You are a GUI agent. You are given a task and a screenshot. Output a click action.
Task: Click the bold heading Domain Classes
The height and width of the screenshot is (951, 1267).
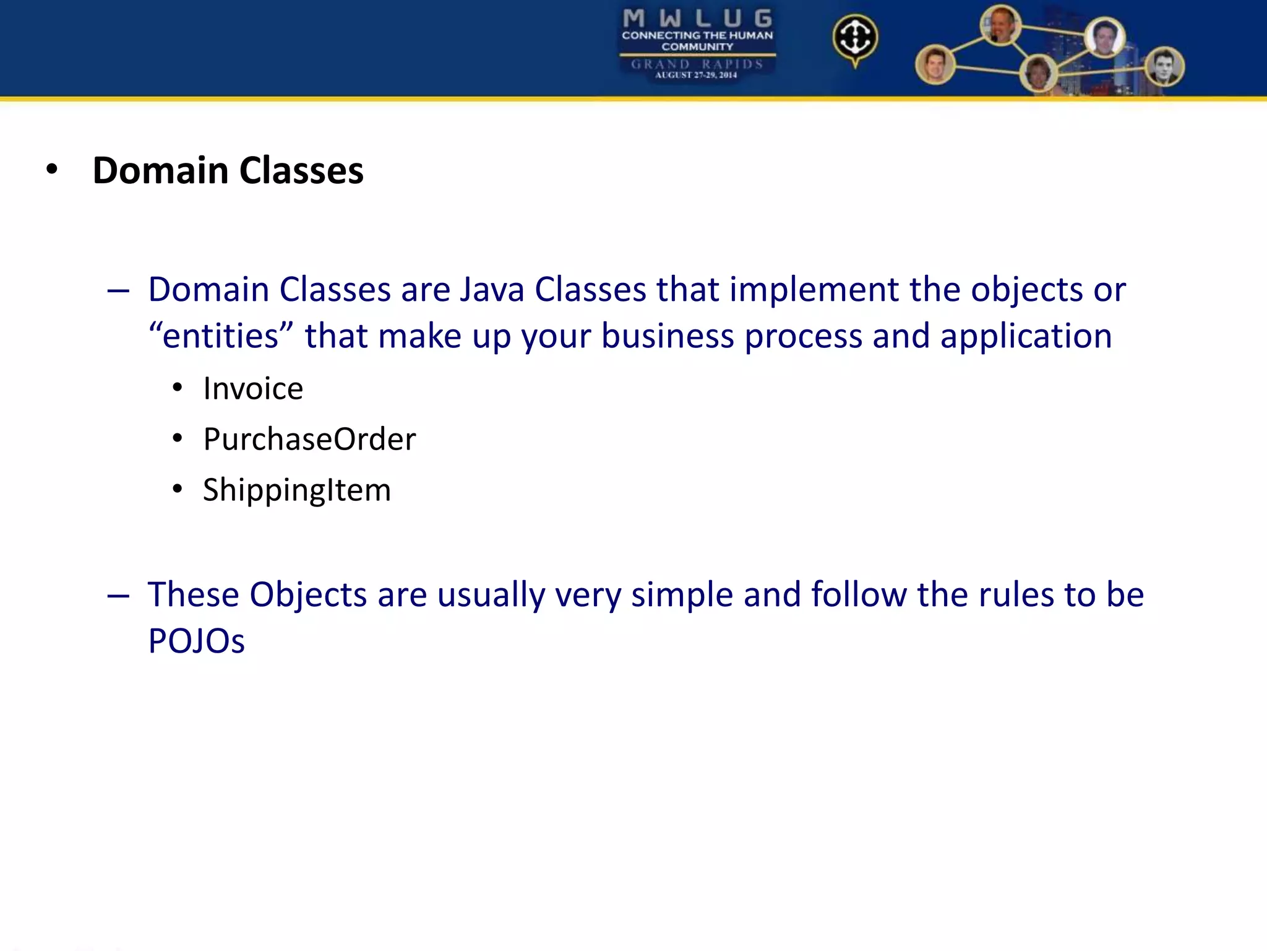pyautogui.click(x=228, y=170)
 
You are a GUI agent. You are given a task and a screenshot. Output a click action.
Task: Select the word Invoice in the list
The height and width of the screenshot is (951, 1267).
pyautogui.click(x=253, y=389)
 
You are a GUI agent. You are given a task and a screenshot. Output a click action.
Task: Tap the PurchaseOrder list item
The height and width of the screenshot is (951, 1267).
pyautogui.click(x=309, y=440)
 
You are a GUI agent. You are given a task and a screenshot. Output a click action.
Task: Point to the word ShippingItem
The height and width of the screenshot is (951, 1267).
pyautogui.click(x=297, y=490)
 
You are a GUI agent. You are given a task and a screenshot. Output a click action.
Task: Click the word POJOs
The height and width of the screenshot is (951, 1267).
pyautogui.click(x=196, y=641)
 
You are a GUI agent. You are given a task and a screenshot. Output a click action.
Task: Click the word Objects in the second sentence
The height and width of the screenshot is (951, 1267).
pyautogui.click(x=308, y=595)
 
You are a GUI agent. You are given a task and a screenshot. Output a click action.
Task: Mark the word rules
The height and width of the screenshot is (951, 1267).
pyautogui.click(x=1008, y=595)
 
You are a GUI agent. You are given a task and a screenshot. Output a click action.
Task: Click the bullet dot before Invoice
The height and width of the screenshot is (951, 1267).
pyautogui.click(x=178, y=388)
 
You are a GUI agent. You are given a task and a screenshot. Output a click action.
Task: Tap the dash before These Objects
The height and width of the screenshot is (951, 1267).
pyautogui.click(x=118, y=596)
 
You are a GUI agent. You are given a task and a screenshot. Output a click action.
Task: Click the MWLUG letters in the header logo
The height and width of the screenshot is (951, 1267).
pyautogui.click(x=697, y=18)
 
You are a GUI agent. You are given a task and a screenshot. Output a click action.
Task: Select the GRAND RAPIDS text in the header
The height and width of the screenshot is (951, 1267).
pyautogui.click(x=697, y=64)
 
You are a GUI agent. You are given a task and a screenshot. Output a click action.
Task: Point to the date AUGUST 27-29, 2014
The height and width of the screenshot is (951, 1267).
pyautogui.click(x=697, y=75)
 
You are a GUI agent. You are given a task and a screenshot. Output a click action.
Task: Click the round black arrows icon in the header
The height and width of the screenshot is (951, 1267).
pyautogui.click(x=855, y=38)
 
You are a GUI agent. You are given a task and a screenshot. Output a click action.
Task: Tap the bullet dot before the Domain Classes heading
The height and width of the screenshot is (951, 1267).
pyautogui.click(x=52, y=170)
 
